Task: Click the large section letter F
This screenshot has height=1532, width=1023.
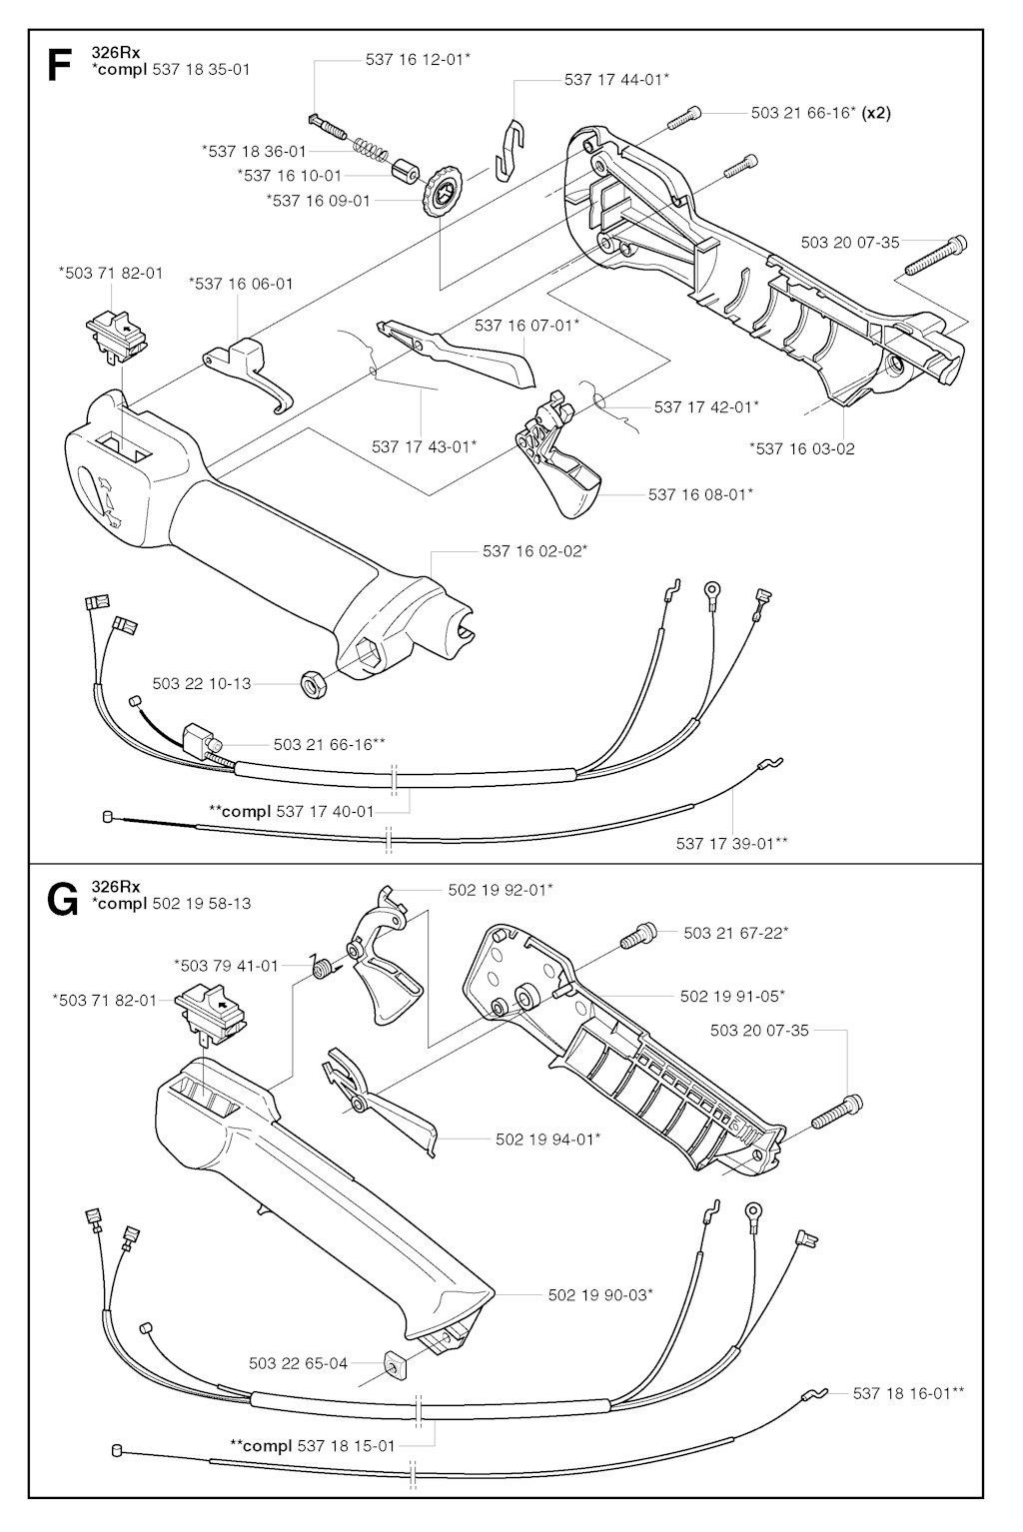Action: pyautogui.click(x=59, y=66)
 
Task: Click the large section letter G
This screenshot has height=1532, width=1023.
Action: pyautogui.click(x=62, y=901)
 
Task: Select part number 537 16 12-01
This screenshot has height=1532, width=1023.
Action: pyautogui.click(x=417, y=60)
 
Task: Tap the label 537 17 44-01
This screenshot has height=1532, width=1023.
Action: pyautogui.click(x=616, y=80)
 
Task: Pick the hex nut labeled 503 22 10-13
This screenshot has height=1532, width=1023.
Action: pyautogui.click(x=312, y=684)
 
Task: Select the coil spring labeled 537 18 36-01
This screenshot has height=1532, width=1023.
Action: pyautogui.click(x=372, y=150)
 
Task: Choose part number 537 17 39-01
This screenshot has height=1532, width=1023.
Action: pyautogui.click(x=731, y=844)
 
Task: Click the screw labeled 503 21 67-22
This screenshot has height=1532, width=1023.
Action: pyautogui.click(x=636, y=939)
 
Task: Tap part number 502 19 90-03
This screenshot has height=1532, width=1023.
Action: pyautogui.click(x=600, y=1295)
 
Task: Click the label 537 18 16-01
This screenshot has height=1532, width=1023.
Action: pyautogui.click(x=908, y=1392)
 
